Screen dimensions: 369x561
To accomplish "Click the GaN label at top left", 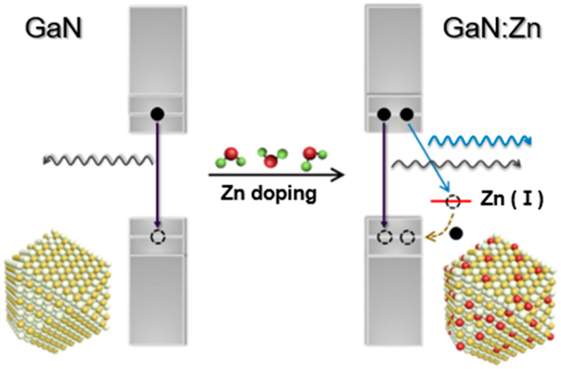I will click(53, 29).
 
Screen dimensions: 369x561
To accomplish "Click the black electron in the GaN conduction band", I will click(157, 114).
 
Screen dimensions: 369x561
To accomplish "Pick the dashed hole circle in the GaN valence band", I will click(157, 236).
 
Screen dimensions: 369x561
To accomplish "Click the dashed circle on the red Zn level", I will click(453, 202).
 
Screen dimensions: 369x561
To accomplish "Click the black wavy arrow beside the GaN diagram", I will click(98, 159).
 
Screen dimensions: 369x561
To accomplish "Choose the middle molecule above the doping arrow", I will click(270, 158).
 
